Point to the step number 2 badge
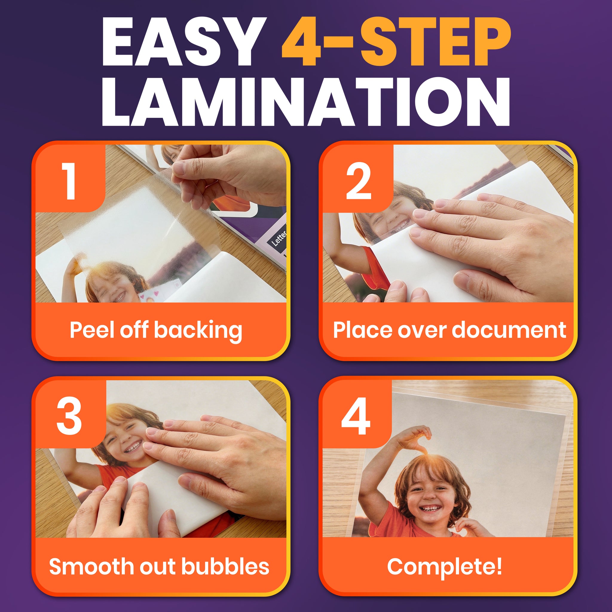pyautogui.click(x=358, y=181)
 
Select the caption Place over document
pyautogui.click(x=449, y=330)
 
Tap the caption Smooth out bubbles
pyautogui.click(x=159, y=566)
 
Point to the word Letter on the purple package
pyautogui.click(x=279, y=238)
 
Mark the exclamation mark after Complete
pyautogui.click(x=499, y=566)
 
